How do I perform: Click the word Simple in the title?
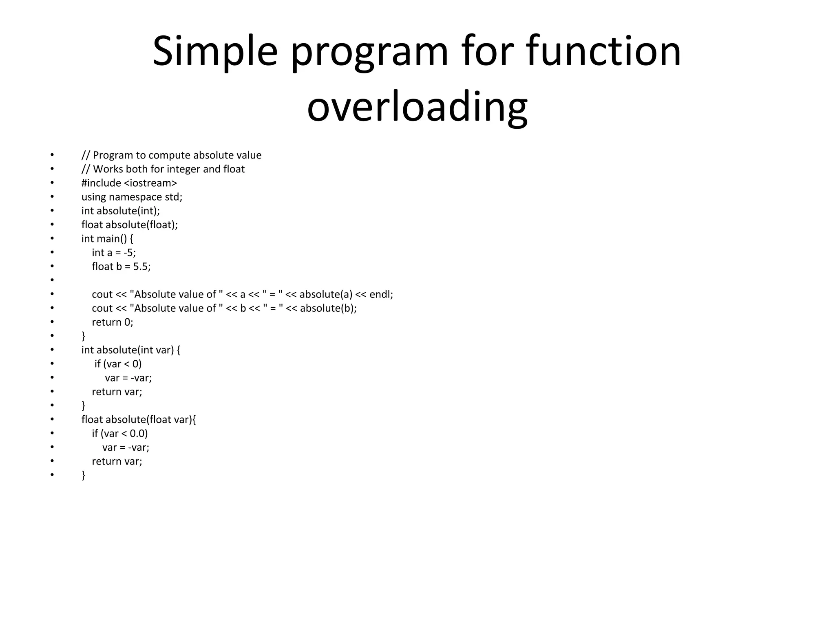tap(215, 52)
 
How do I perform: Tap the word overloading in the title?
tap(417, 107)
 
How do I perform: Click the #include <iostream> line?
tap(129, 183)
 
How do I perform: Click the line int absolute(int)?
tap(121, 211)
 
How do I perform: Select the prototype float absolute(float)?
tap(130, 225)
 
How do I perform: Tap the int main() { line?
tap(107, 238)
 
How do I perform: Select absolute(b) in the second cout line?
tap(327, 308)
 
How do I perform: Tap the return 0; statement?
tap(113, 322)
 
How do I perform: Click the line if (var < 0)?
tap(118, 364)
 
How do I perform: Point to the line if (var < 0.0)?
tap(120, 433)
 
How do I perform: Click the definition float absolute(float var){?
tap(139, 419)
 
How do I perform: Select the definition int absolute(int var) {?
tap(131, 350)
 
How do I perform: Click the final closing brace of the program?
tap(84, 475)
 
